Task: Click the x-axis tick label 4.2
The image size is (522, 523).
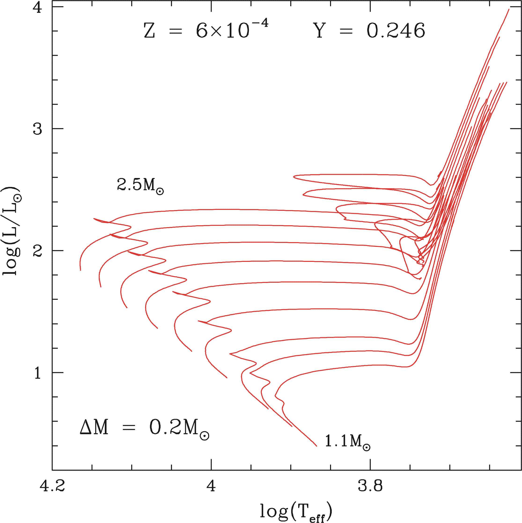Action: (x=52, y=486)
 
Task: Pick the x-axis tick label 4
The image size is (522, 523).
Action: (x=211, y=486)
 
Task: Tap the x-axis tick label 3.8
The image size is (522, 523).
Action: (x=370, y=486)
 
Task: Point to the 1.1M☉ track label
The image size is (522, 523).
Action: (x=347, y=441)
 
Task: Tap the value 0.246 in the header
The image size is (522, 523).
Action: (x=396, y=31)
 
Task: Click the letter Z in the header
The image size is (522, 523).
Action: (x=149, y=31)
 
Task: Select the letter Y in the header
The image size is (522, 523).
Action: (x=320, y=31)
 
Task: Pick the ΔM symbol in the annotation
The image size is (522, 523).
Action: (x=94, y=427)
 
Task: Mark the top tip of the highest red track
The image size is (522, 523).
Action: (x=509, y=9)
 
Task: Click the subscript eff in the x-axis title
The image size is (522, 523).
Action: (x=317, y=518)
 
